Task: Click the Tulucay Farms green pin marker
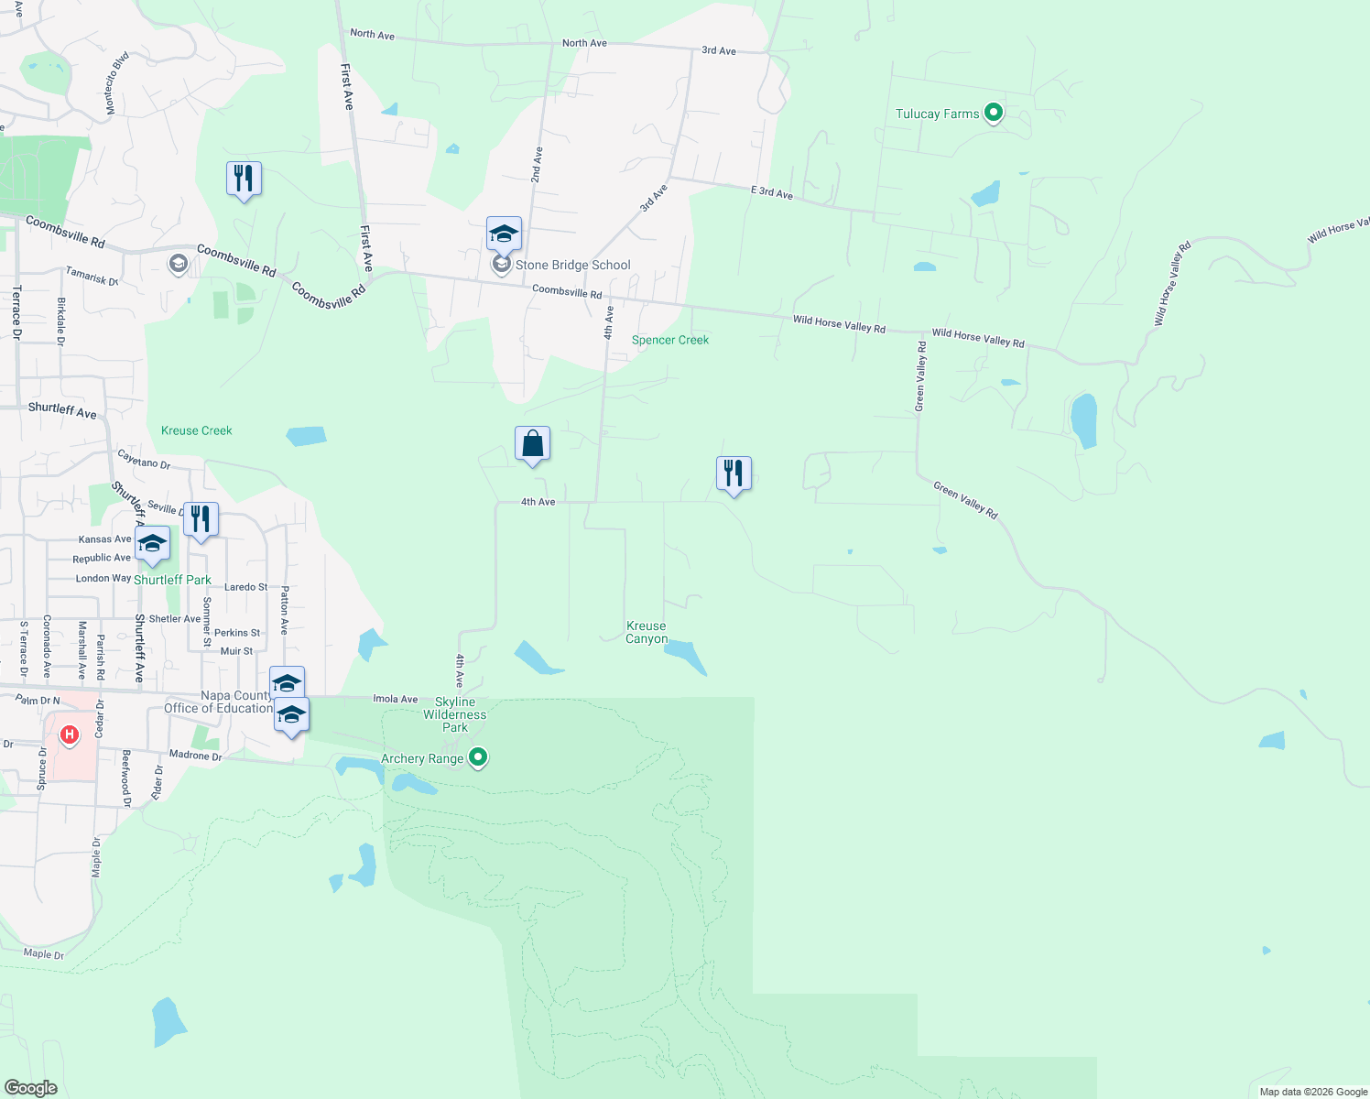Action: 994,114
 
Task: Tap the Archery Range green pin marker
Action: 477,758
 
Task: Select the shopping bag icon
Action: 532,445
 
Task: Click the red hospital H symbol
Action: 69,734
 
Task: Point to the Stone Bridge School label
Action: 572,266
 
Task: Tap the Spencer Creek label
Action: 670,340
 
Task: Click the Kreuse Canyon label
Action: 647,633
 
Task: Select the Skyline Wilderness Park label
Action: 455,714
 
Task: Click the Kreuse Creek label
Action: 197,430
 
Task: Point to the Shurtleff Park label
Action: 172,580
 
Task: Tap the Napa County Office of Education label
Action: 218,702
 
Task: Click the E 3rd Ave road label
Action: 772,192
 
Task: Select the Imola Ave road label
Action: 396,699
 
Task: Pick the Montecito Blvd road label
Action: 116,82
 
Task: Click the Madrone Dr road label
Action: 195,756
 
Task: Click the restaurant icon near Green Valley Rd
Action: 734,474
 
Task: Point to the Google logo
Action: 30,1088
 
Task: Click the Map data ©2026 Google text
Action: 1313,1092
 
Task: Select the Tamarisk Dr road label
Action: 92,276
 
